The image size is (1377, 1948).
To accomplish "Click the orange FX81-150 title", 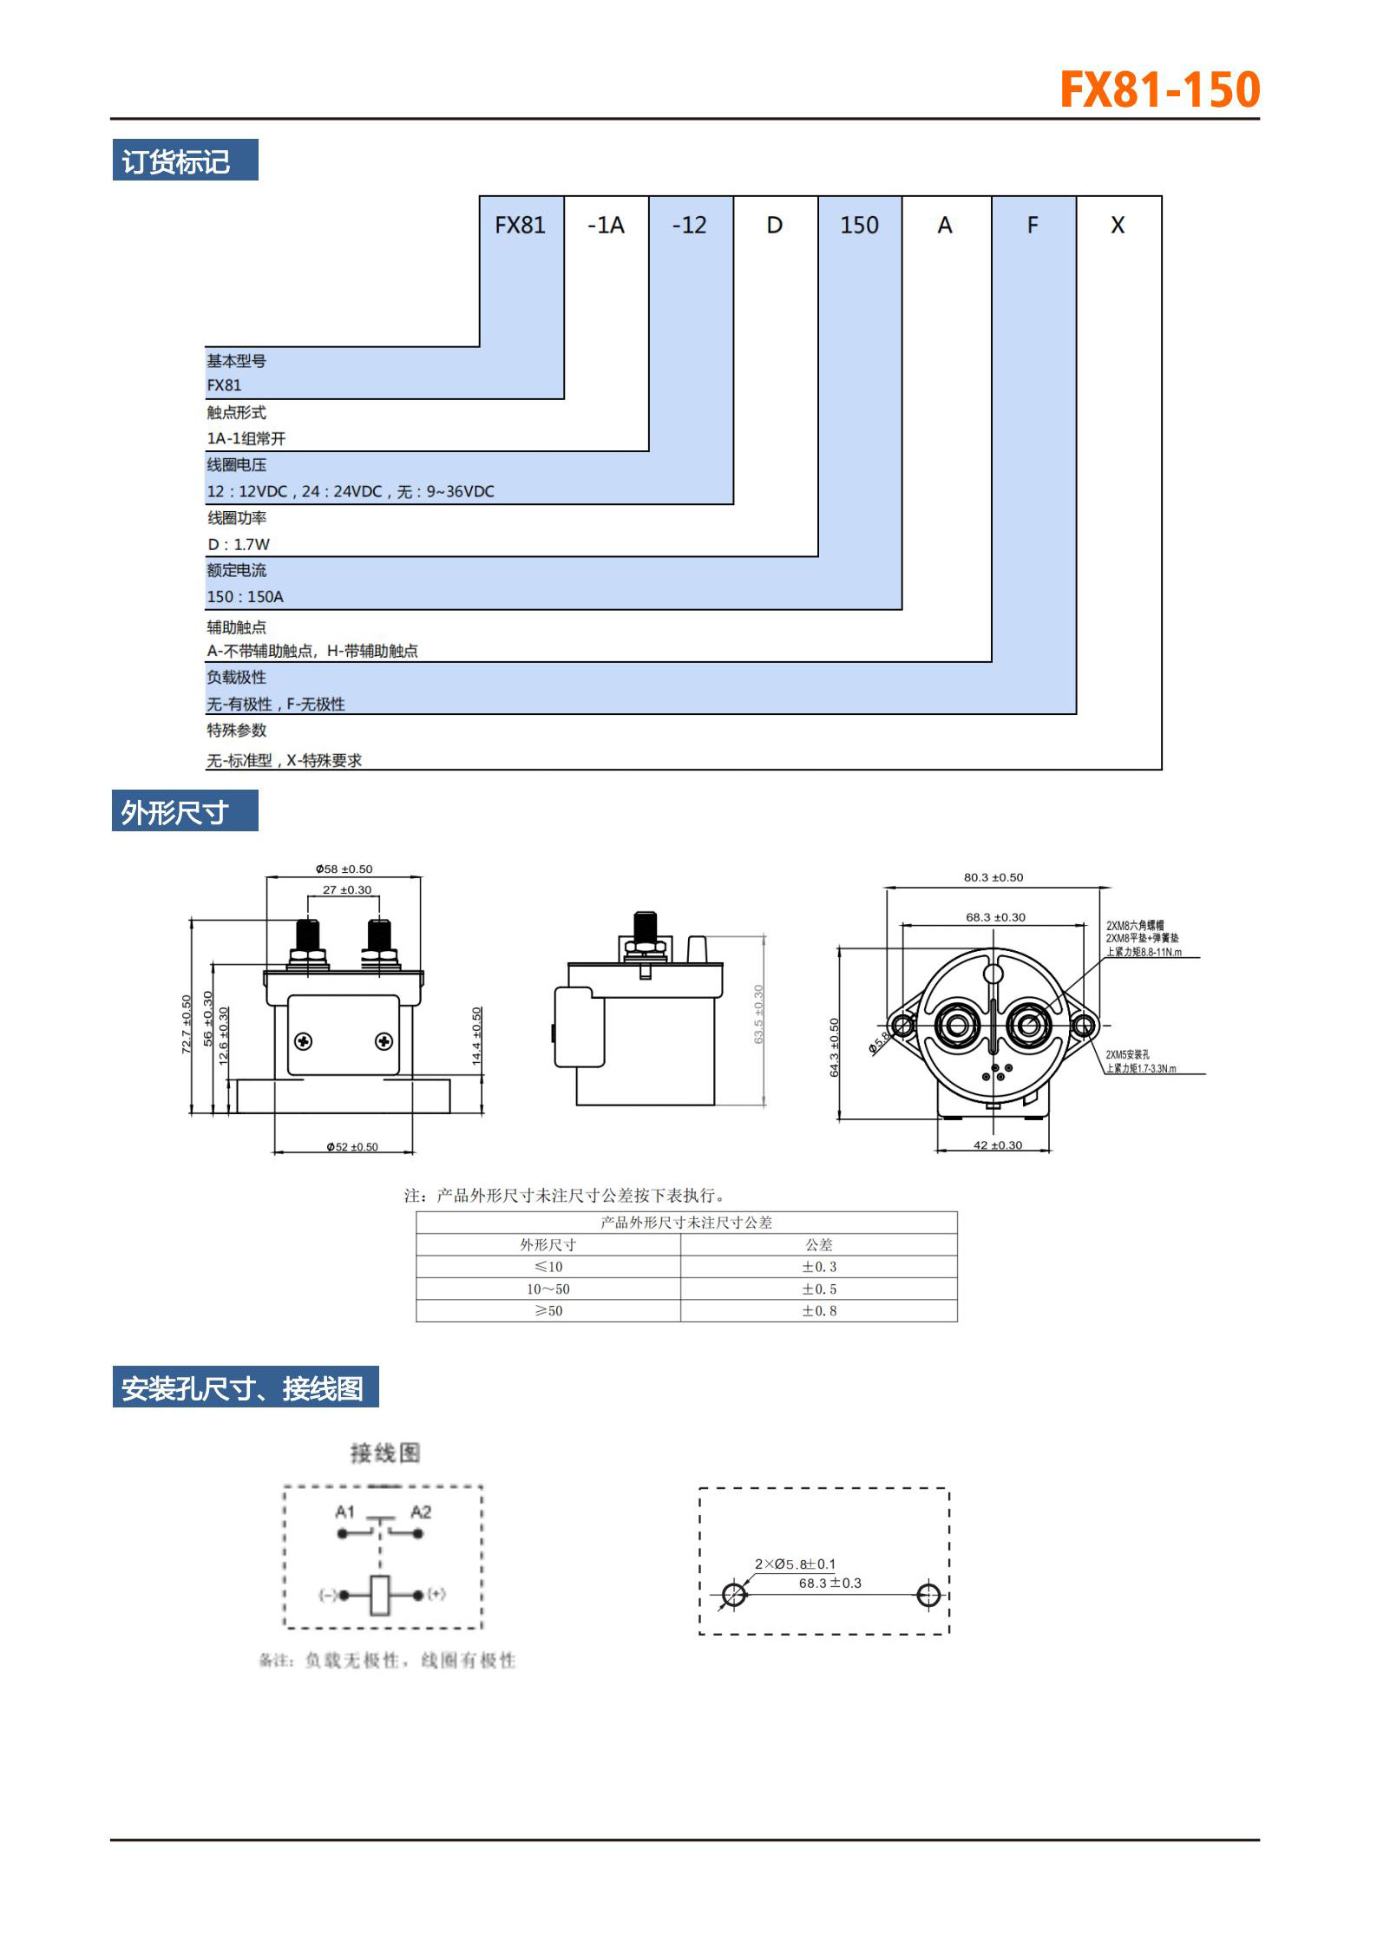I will tap(1159, 89).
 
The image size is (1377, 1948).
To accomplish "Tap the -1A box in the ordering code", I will tap(606, 226).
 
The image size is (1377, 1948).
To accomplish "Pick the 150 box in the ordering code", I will tap(859, 226).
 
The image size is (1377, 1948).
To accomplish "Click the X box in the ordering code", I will tap(1118, 226).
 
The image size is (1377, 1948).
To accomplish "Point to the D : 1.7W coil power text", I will tap(239, 544).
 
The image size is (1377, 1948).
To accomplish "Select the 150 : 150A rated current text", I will tap(246, 597).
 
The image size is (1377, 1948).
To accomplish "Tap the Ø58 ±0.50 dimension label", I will tap(344, 869).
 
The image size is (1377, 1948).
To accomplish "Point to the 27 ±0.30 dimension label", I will tap(346, 889).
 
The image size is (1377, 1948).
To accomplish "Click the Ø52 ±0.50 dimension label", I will tap(352, 1147).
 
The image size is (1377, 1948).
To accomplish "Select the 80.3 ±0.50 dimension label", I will tap(993, 877).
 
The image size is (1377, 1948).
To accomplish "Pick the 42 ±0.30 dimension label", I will tap(998, 1145).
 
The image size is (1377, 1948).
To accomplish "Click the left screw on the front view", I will tap(304, 1040).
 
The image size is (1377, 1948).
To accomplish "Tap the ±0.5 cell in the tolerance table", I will tap(819, 1289).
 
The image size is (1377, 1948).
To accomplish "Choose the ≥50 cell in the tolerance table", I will tap(548, 1311).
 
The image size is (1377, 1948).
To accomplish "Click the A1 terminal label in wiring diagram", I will tap(345, 1512).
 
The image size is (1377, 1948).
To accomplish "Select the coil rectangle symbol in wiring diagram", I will tap(380, 1595).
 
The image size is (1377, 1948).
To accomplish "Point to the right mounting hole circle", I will tap(928, 1595).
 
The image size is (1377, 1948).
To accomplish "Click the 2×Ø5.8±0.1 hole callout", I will tap(795, 1564).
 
